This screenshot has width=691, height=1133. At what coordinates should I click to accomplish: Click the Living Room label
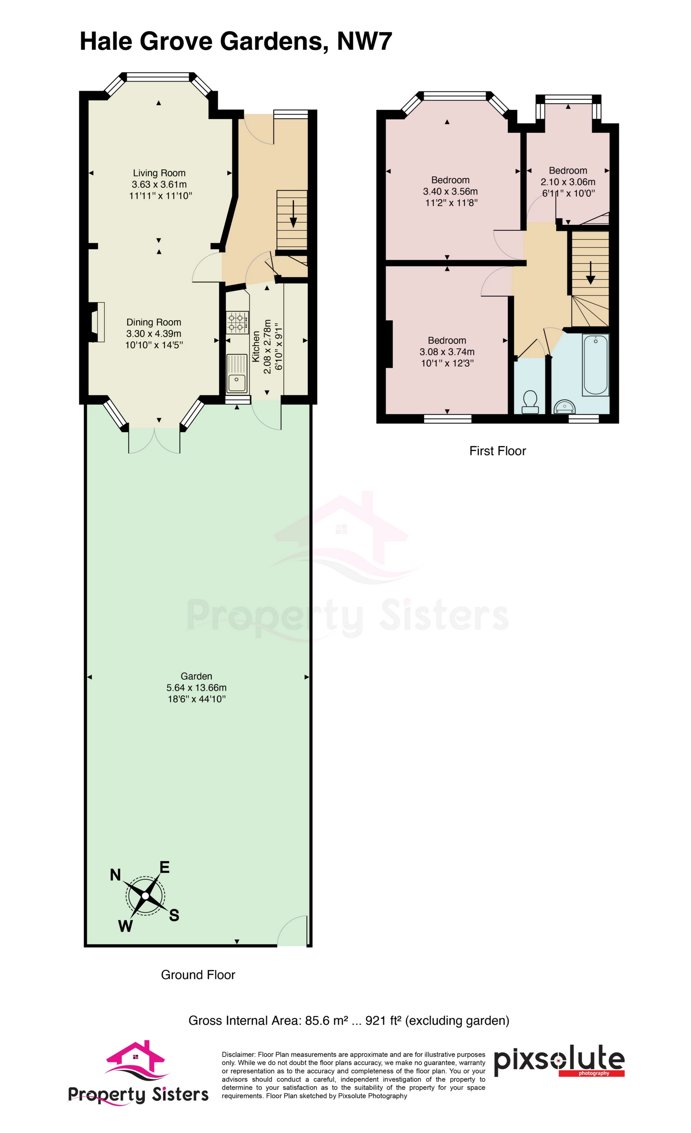tap(159, 173)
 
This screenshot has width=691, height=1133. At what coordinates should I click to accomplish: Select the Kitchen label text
tap(256, 346)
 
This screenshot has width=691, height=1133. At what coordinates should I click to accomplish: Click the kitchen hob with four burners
tap(237, 322)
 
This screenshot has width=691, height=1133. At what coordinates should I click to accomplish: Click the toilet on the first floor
tap(530, 401)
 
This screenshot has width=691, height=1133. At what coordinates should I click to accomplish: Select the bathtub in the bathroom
tap(595, 364)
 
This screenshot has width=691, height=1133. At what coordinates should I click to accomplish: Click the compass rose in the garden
tap(145, 896)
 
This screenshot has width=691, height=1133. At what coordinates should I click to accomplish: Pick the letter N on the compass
tap(115, 874)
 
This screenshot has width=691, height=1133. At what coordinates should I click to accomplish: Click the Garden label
tap(197, 676)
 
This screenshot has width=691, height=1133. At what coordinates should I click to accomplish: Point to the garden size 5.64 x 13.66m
tap(197, 688)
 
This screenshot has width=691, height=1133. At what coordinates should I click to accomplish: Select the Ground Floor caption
tap(198, 975)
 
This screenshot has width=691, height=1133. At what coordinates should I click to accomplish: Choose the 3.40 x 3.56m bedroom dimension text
tap(450, 191)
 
